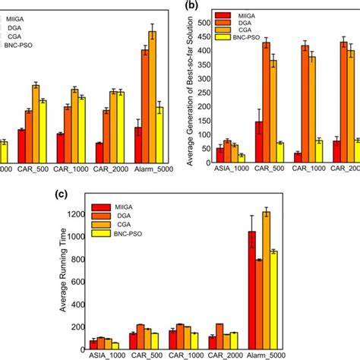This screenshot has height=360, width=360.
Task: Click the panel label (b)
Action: click(x=194, y=5)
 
